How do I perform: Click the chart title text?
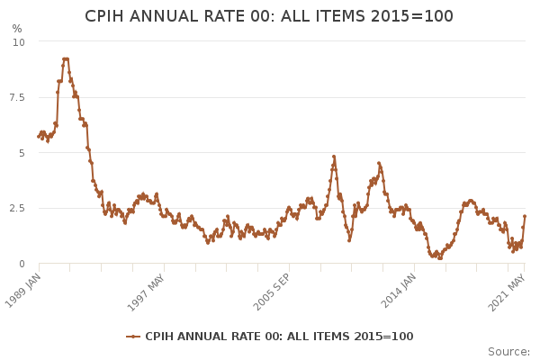coord(269,16)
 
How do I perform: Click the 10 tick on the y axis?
coord(19,42)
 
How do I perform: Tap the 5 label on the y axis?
coord(22,153)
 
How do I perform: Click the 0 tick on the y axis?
coord(22,264)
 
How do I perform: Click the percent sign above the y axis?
coord(17,29)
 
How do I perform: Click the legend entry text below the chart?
coord(279,337)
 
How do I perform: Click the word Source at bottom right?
coord(508,352)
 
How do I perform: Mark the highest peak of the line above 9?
coord(65,59)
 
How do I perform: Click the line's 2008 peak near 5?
coord(333,157)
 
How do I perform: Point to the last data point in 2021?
coord(525,216)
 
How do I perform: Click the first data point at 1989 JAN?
coord(39,137)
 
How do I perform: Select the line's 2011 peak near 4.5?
coord(379,164)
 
